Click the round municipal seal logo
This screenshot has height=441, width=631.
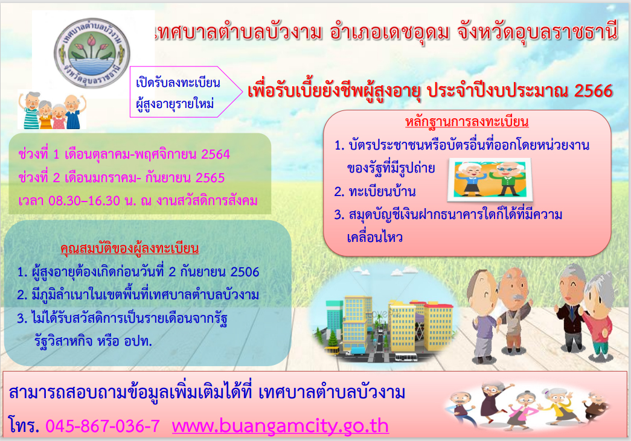tap(92, 52)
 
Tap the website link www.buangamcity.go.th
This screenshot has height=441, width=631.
tap(280, 426)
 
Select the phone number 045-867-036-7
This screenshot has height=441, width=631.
tap(103, 426)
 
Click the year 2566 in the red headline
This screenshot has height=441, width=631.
tap(593, 91)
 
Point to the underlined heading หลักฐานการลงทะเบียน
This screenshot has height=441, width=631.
tap(467, 121)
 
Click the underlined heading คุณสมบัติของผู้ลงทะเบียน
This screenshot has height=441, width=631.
tap(130, 248)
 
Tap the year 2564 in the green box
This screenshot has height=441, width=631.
tap(216, 154)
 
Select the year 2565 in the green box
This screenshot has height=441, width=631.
tap(210, 178)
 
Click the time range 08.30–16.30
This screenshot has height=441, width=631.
tap(84, 201)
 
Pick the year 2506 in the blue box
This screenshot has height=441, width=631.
tap(245, 272)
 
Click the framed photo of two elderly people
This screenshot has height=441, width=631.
tap(490, 180)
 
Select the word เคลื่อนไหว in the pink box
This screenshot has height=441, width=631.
tap(374, 237)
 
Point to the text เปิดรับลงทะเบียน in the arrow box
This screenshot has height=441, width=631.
tap(178, 83)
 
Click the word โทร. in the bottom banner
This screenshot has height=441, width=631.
tap(24, 426)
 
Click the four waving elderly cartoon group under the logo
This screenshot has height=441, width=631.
tap(52, 110)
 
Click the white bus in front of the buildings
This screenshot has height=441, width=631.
tap(406, 356)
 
